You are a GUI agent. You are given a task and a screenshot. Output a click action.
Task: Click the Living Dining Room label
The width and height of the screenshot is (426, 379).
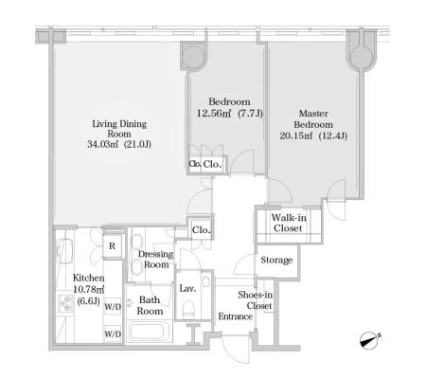119,129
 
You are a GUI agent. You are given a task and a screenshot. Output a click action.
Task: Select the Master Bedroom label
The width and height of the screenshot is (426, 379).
313,118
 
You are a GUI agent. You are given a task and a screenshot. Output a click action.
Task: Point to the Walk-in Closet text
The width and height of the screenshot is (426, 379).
289,223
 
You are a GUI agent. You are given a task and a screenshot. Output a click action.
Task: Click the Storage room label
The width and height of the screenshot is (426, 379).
276,260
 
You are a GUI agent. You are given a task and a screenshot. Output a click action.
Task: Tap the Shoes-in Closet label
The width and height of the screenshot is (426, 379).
256,300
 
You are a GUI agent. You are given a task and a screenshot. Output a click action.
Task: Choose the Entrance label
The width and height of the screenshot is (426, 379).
236,316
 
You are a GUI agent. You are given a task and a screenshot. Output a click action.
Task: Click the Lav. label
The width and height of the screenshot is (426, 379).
187,288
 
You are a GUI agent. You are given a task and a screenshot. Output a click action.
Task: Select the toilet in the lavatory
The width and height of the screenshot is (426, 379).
188,309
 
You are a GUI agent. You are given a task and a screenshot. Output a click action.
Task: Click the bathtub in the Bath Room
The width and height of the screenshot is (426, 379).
148,331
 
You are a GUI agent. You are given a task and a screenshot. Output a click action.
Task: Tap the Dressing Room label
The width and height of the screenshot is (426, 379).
156,260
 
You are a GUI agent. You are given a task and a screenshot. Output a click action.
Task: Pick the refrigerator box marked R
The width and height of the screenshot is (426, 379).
112,246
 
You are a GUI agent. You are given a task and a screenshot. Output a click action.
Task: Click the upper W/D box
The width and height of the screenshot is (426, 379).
113,307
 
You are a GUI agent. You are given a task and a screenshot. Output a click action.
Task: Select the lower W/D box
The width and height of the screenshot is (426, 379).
113,334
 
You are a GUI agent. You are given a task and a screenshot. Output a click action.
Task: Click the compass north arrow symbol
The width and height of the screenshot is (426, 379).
370,340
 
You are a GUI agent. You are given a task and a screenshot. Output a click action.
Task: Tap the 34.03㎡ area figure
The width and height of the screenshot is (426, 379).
102,144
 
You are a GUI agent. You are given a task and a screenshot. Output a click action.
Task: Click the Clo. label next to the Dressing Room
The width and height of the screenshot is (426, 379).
202,229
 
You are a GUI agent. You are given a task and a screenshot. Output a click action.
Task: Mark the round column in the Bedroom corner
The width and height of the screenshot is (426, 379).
193,56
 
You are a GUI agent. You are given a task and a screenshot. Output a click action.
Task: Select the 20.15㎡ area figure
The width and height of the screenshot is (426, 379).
296,135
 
